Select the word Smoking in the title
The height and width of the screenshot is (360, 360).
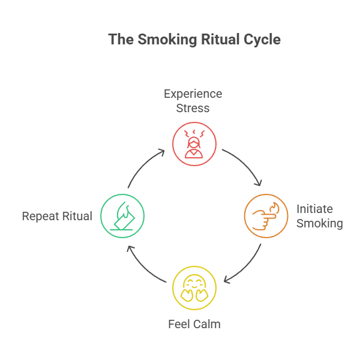pos(164,40)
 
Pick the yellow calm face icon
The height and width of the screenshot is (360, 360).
pos(194,287)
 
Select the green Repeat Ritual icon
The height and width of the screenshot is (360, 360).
pos(122,215)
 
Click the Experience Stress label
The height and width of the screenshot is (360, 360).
pos(193,101)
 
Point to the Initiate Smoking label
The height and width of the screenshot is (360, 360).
pos(319,216)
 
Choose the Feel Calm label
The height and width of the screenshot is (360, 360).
pos(194,325)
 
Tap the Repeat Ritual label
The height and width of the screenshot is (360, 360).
pos(57,216)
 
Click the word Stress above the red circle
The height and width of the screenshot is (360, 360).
pos(193,109)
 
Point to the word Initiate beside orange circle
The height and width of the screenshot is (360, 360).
pos(314,209)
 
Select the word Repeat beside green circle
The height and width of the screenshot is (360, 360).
pos(41,216)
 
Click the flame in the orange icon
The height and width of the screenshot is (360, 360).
pos(275,209)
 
